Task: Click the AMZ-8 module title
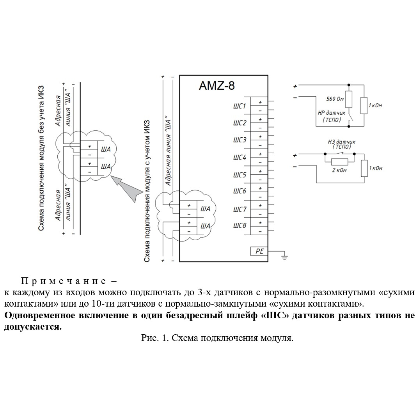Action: click(x=217, y=86)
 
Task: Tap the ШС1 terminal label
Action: click(x=240, y=106)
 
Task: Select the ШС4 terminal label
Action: click(x=240, y=158)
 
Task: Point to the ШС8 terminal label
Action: click(x=240, y=225)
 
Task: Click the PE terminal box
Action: click(x=259, y=251)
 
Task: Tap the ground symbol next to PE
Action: click(x=284, y=257)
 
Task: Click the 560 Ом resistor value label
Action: click(x=335, y=99)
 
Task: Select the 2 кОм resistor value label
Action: click(x=339, y=170)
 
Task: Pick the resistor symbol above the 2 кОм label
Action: click(x=339, y=162)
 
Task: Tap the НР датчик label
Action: click(x=331, y=113)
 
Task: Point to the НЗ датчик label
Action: click(x=341, y=142)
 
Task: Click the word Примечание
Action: click(x=64, y=281)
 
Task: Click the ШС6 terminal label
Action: click(x=240, y=191)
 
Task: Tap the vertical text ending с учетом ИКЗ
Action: click(x=147, y=191)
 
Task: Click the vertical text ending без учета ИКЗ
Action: click(x=41, y=158)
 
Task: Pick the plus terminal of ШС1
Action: click(x=260, y=102)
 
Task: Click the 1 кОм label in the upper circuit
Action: click(x=375, y=105)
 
